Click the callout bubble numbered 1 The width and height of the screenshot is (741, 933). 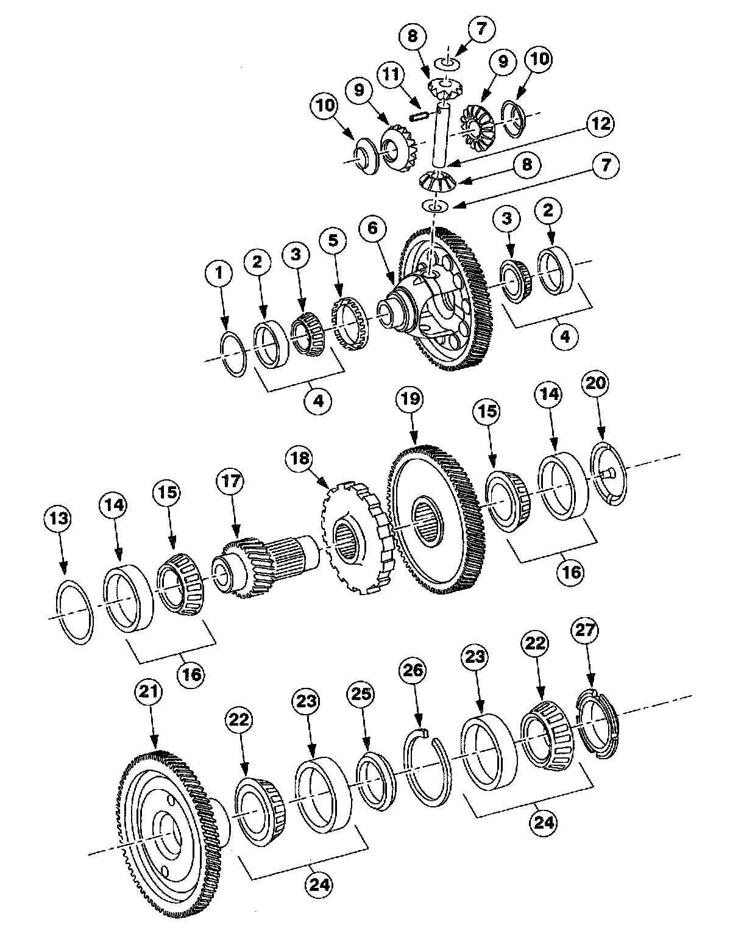(x=221, y=275)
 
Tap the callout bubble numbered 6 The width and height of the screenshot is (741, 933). (x=373, y=229)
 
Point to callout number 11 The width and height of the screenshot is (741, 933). (x=391, y=75)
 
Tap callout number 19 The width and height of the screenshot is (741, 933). (x=410, y=401)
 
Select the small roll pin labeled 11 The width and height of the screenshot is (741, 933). (x=420, y=115)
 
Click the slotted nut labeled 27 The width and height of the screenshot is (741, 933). (x=597, y=722)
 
